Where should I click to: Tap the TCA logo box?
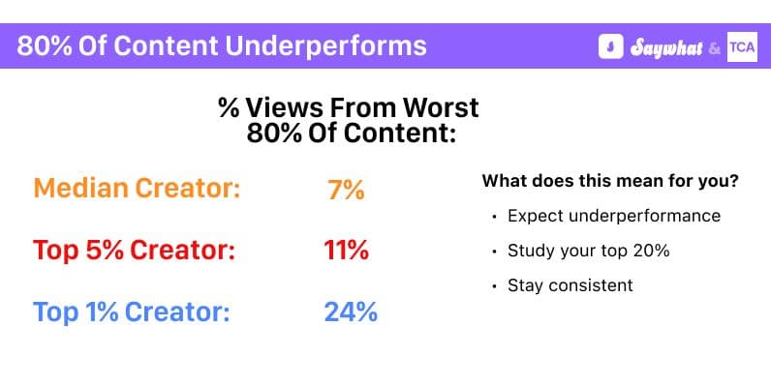point(742,46)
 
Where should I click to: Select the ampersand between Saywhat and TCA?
point(715,47)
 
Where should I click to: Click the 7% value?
point(346,190)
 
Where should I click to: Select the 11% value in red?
point(346,252)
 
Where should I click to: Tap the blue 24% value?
point(350,312)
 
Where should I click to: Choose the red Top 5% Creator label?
point(135,252)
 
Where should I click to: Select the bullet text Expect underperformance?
point(613,216)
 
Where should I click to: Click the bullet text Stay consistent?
point(570,285)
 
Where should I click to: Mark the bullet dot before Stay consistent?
point(494,286)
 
